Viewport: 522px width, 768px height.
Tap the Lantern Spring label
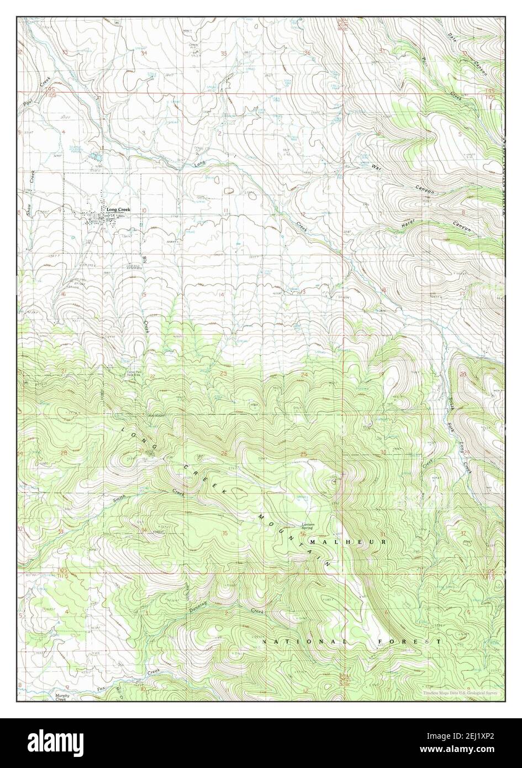coord(308,527)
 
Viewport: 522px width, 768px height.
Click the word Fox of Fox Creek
coord(101,688)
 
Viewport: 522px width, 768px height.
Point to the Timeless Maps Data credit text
coord(461,693)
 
